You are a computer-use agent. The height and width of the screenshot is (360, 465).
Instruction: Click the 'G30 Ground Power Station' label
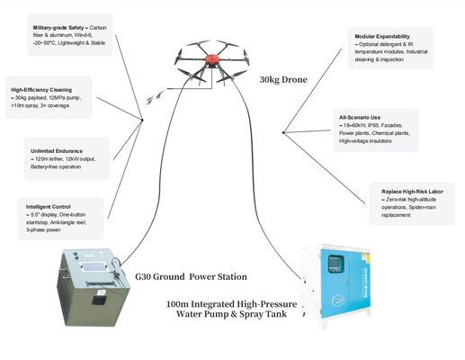pos(190,276)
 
